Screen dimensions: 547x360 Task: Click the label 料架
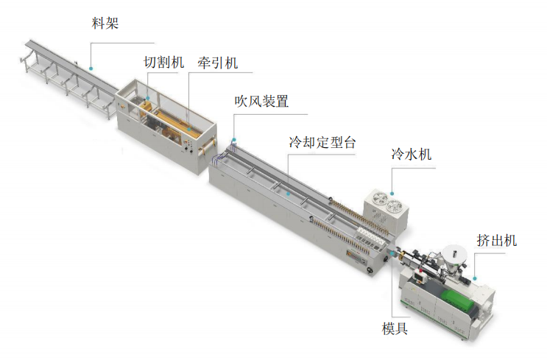105,23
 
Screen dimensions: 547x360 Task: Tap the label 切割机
163,63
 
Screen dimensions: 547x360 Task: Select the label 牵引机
218,63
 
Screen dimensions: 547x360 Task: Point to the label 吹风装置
261,102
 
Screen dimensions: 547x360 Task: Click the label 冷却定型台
322,142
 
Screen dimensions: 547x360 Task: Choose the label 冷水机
412,154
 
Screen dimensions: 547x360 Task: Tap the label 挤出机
496,240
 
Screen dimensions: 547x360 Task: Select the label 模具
395,328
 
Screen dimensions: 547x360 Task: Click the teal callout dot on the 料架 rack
91,68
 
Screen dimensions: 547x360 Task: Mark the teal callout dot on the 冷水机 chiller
392,194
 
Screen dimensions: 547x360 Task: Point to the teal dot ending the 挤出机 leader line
475,278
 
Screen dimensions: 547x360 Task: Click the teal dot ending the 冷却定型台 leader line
288,194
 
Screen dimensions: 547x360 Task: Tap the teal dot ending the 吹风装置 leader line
234,140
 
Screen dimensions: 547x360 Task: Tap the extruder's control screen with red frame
418,275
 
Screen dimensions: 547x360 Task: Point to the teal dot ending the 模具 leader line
392,253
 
